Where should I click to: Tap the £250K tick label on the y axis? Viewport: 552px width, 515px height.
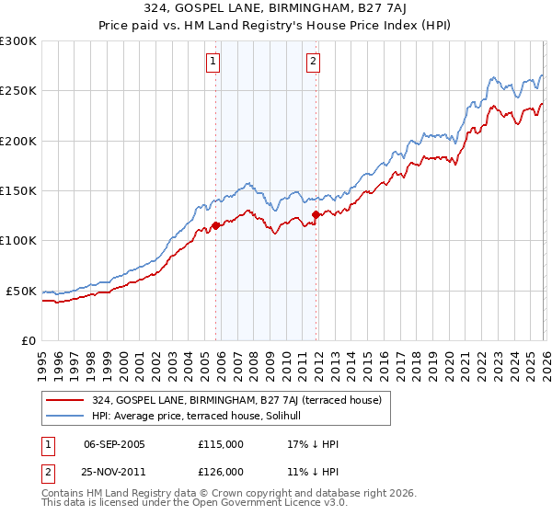pyautogui.click(x=18, y=91)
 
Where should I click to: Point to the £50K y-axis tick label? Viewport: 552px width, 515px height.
pyautogui.click(x=21, y=291)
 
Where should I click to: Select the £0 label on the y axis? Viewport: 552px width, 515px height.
pyautogui.click(x=28, y=340)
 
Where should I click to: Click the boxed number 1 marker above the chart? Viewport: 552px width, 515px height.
pyautogui.click(x=213, y=62)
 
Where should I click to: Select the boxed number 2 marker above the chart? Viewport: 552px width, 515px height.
pyautogui.click(x=313, y=62)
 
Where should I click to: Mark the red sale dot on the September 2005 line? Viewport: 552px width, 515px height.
pyautogui.click(x=215, y=224)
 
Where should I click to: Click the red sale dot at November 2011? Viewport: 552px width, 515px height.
pyautogui.click(x=316, y=214)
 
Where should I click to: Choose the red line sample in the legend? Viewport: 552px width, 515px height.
pyautogui.click(x=64, y=400)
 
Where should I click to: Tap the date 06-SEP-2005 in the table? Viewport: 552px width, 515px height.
pyautogui.click(x=114, y=444)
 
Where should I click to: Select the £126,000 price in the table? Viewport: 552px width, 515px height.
pyautogui.click(x=220, y=471)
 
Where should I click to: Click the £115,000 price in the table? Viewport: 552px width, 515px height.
pyautogui.click(x=220, y=444)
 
